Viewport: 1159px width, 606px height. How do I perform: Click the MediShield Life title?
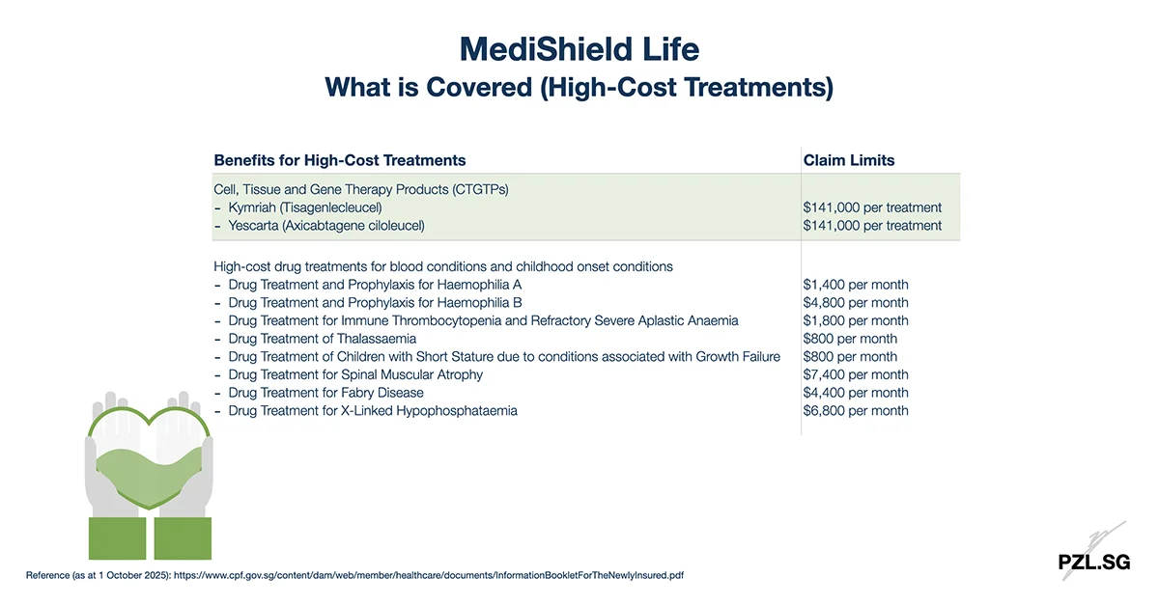[x=579, y=49]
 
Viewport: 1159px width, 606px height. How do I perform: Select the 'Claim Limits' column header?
[x=849, y=160]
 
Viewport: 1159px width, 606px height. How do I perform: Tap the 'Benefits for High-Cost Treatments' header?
[x=340, y=160]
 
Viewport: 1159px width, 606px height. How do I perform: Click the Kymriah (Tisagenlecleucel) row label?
[x=305, y=207]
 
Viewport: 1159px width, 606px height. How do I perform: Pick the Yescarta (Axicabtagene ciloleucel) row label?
[x=326, y=226]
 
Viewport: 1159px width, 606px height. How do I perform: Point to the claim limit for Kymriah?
[x=872, y=207]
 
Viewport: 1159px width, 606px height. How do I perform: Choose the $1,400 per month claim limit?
[x=856, y=285]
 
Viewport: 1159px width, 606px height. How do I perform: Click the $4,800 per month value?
[x=856, y=303]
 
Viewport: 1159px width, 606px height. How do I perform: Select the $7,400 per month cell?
[x=856, y=374]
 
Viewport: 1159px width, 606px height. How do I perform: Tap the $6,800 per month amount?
[x=856, y=411]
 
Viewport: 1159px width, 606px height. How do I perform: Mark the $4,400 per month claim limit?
[x=856, y=393]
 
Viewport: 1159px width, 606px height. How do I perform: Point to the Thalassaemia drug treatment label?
[x=323, y=339]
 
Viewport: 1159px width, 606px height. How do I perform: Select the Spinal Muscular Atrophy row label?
[x=355, y=374]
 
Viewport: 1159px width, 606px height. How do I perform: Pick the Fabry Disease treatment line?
[x=325, y=393]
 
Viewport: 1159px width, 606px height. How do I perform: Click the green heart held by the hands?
[x=149, y=461]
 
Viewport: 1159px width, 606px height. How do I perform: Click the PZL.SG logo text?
[x=1093, y=563]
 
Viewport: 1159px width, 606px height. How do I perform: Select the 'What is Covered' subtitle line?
[x=579, y=87]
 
